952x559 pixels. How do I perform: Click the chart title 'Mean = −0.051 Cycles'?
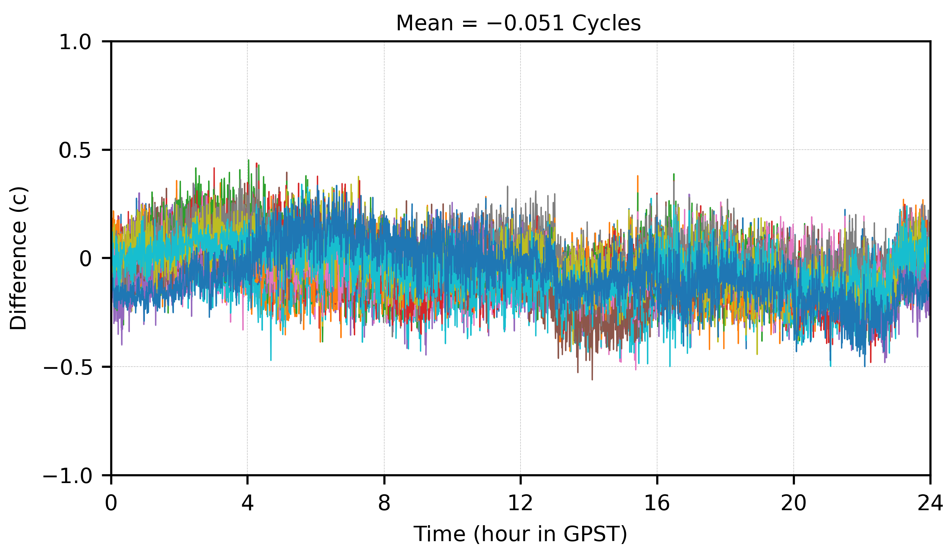[x=518, y=23]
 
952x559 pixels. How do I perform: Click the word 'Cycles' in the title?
[x=606, y=23]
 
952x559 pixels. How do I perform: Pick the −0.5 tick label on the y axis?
[x=68, y=368]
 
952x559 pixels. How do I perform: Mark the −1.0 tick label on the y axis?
[x=68, y=476]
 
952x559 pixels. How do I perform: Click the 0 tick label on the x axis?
[x=111, y=503]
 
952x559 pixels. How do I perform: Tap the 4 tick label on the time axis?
[x=247, y=503]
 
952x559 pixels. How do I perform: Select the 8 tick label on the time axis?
[x=384, y=503]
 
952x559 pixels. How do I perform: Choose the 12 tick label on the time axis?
[x=520, y=503]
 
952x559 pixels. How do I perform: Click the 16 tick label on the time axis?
[x=657, y=503]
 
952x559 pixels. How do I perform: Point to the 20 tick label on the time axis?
[x=793, y=503]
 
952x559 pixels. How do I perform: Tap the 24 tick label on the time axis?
[x=930, y=503]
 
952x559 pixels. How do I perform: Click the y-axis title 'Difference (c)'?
[x=18, y=258]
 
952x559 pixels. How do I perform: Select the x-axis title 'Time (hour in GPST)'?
[x=520, y=534]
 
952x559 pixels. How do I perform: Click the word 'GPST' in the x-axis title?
[x=595, y=534]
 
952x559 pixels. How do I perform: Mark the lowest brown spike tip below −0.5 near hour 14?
[x=592, y=380]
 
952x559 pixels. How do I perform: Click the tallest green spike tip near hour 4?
[x=248, y=160]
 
